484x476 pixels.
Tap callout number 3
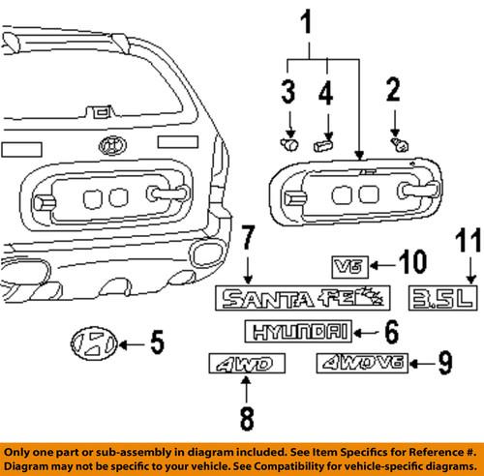[287, 93]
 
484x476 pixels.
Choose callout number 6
[390, 332]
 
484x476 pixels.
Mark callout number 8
[246, 419]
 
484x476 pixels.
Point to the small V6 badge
[347, 264]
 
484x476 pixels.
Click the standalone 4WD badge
[247, 365]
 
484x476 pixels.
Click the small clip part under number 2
[397, 142]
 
